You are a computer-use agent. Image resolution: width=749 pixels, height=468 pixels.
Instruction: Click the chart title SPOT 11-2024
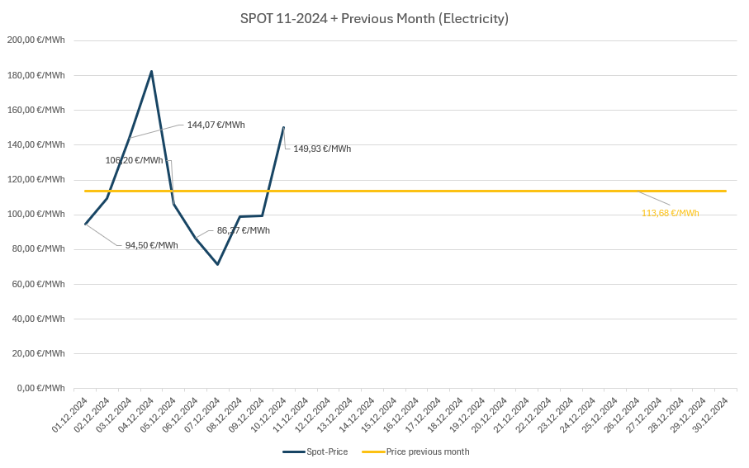coord(374,18)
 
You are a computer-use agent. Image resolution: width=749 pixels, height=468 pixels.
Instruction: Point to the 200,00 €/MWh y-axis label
coord(36,40)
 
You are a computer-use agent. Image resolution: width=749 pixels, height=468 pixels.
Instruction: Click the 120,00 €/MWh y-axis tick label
coord(36,179)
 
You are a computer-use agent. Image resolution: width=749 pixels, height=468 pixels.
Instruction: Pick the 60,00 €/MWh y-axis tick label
coord(37,284)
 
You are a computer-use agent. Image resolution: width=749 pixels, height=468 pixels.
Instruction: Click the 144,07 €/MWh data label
coord(216,125)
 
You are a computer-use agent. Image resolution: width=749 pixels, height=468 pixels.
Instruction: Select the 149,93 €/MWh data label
coord(322,149)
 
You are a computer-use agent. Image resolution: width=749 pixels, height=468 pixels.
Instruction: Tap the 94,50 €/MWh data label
coord(151,245)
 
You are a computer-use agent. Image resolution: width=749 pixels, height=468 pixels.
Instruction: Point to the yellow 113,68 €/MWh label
coord(670,213)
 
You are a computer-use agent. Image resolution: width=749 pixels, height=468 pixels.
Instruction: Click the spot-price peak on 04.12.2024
coord(151,71)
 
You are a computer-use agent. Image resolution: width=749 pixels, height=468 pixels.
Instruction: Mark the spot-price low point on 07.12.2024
coord(217,264)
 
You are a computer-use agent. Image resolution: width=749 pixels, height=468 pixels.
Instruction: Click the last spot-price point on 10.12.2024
coord(283,127)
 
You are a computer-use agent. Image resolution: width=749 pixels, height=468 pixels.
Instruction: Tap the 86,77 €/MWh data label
coord(243,231)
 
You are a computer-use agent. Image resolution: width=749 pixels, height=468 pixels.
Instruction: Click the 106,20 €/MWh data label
coord(134,160)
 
